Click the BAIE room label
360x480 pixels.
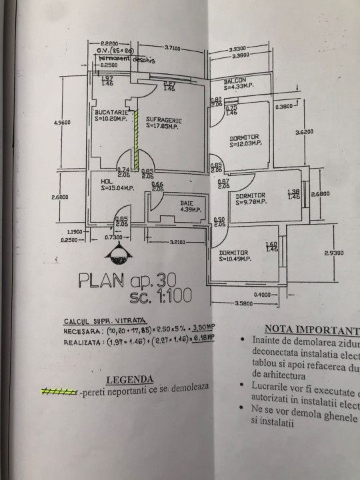pyautogui.click(x=187, y=202)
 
